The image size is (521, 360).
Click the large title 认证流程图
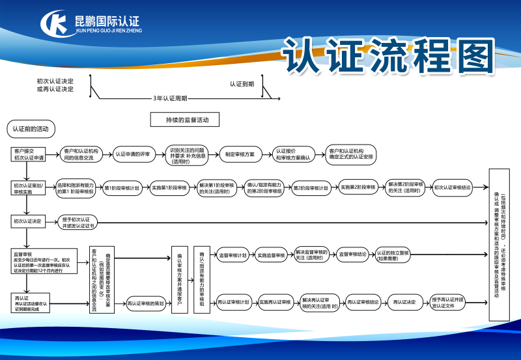389,58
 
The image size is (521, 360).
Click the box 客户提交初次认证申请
29,154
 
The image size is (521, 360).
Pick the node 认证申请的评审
133,154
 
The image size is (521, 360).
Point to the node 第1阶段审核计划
122,187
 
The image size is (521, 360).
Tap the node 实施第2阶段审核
358,187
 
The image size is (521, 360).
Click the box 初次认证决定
29,221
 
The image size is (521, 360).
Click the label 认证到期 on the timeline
242,84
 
